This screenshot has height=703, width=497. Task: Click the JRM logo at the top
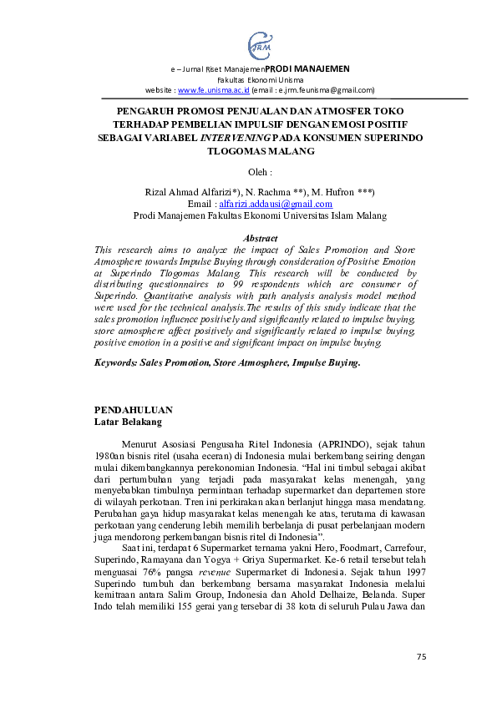(260, 43)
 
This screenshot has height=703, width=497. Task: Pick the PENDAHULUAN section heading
(134, 410)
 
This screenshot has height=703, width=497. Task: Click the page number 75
(421, 657)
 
